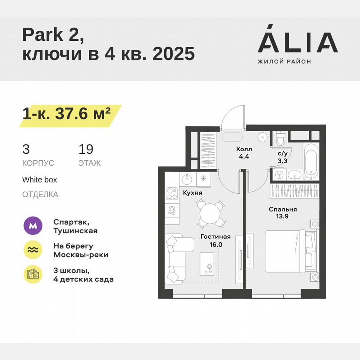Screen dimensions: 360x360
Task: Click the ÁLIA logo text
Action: [x=297, y=42]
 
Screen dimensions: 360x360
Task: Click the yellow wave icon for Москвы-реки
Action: [x=33, y=250]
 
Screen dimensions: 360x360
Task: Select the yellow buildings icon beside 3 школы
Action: [x=33, y=275]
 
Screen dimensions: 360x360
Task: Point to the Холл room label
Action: [x=244, y=149]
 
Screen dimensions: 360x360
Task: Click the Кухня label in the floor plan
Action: [x=192, y=193]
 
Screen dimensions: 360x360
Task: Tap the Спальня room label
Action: [x=282, y=210]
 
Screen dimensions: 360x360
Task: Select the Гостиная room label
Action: [x=215, y=237]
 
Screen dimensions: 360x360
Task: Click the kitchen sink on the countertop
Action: [x=187, y=179]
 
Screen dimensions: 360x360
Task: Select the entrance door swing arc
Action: [x=231, y=117]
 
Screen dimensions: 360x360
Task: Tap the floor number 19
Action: [x=86, y=149]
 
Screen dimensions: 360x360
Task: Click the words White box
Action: [x=40, y=180]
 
